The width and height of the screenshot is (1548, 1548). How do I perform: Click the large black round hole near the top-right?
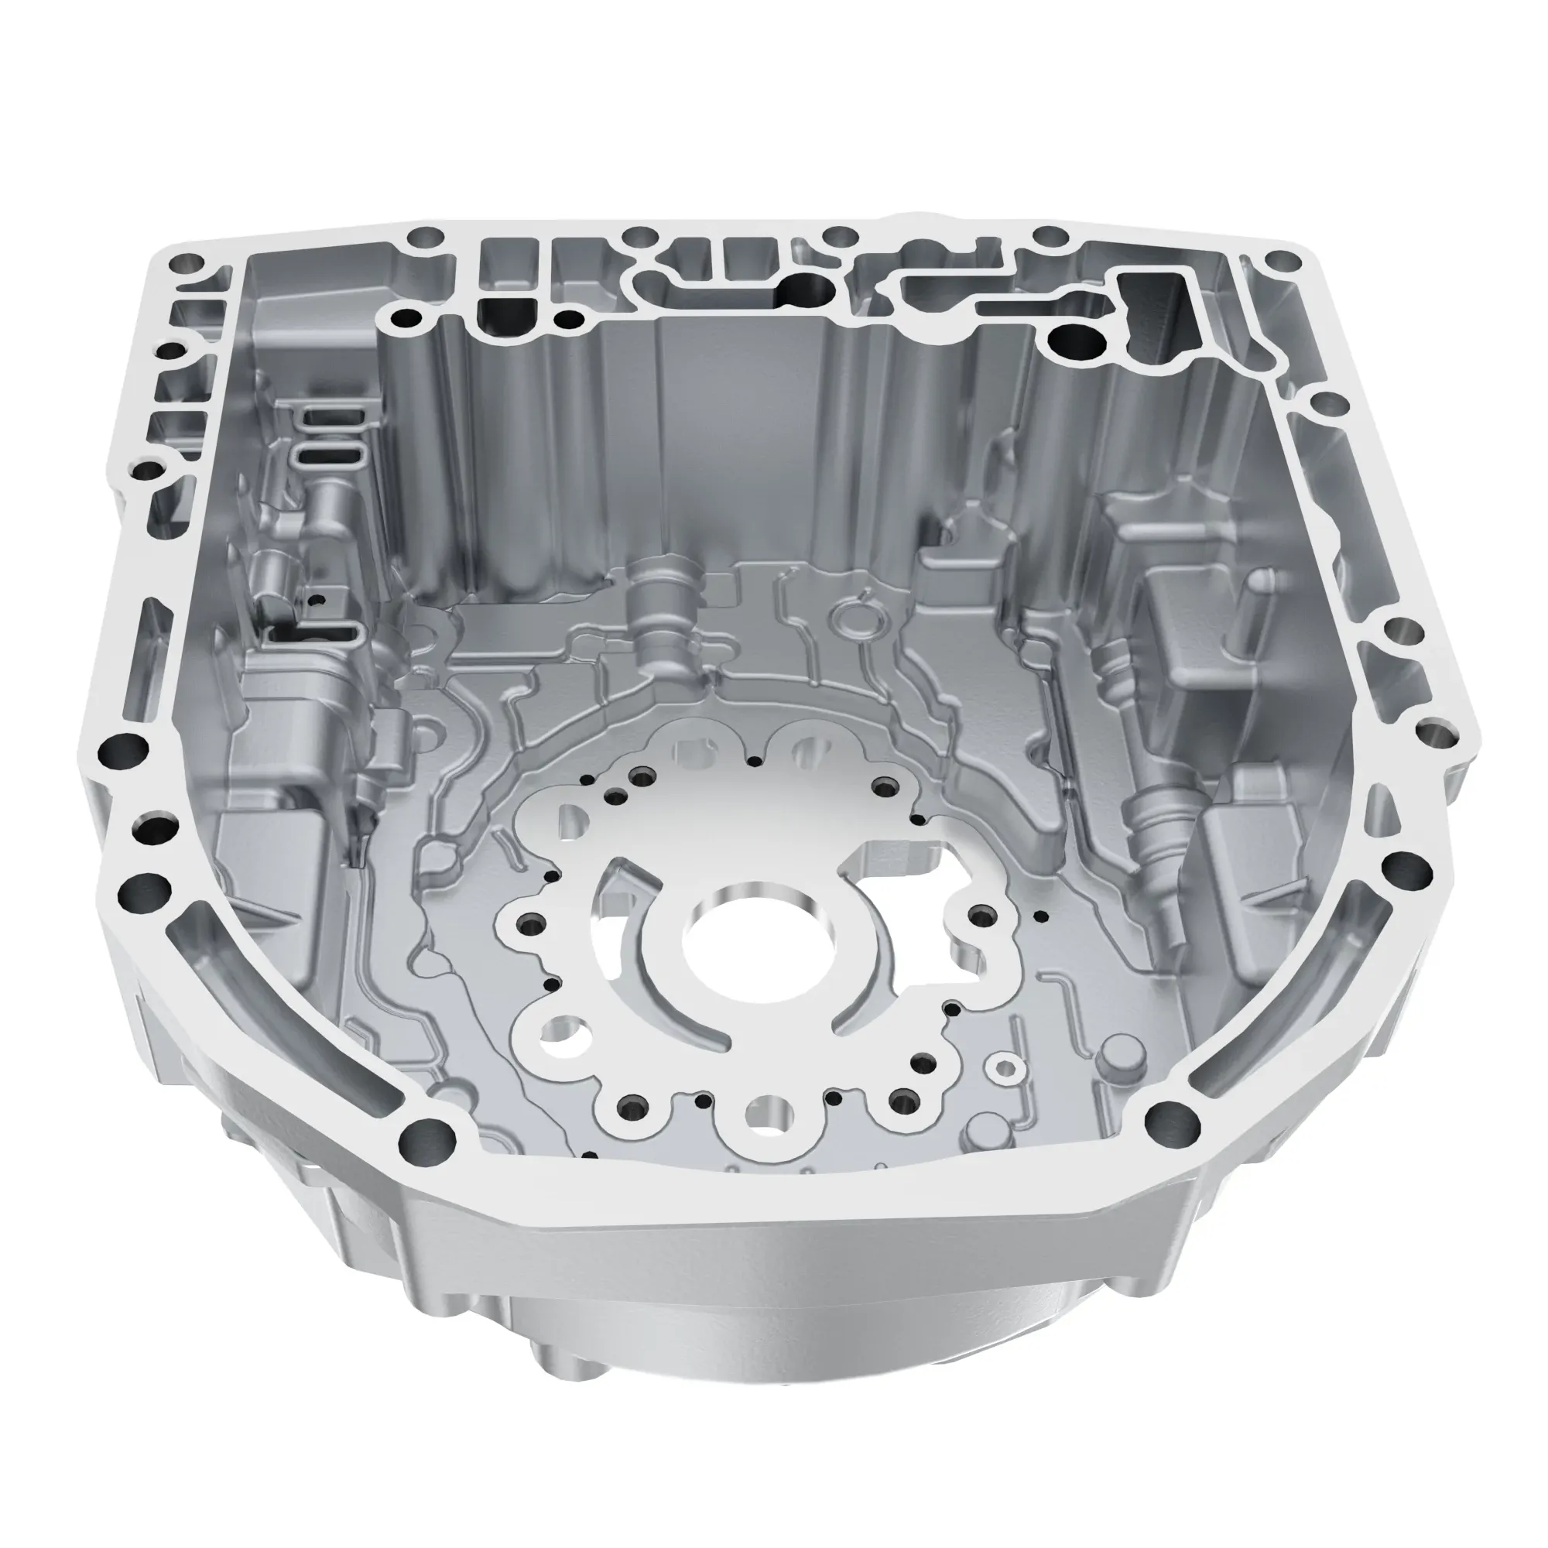point(1074,343)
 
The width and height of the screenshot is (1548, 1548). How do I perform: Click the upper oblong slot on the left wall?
point(332,417)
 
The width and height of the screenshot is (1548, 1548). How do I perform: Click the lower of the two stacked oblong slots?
point(330,457)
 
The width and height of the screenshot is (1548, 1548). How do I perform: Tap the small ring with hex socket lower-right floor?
point(1003,1067)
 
